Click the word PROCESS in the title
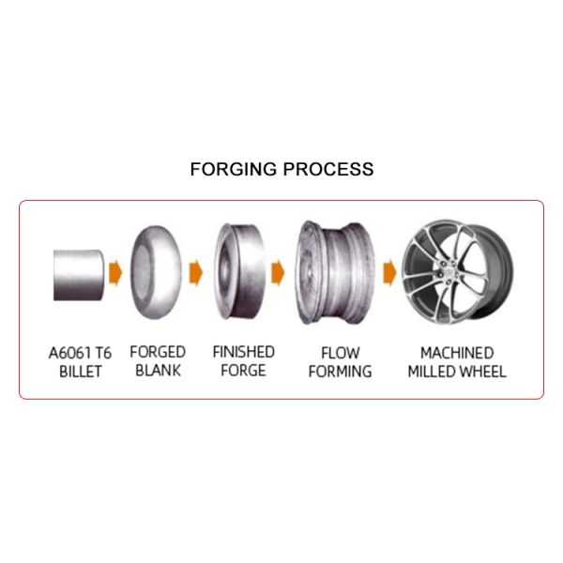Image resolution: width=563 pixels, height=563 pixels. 328,169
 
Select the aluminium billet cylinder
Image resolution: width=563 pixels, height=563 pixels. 79,275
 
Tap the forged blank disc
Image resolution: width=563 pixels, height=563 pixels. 156,272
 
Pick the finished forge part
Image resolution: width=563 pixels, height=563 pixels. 239,271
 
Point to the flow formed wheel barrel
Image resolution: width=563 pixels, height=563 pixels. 336,272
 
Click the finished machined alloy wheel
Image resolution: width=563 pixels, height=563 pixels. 457,272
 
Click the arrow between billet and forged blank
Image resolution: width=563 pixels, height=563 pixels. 115,273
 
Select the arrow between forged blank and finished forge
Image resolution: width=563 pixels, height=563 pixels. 196,273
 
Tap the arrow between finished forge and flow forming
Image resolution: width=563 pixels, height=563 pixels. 278,273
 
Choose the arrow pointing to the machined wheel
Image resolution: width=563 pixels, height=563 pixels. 390,273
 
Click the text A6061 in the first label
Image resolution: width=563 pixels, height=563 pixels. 68,353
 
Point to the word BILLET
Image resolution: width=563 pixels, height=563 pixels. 81,372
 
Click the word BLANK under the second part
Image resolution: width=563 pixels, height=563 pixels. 158,371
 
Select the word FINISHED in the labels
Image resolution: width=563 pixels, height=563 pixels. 244,352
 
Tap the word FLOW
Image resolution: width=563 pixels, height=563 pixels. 340,353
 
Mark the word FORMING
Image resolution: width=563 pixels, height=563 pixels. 340,372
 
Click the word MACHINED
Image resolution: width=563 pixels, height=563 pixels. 457,353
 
